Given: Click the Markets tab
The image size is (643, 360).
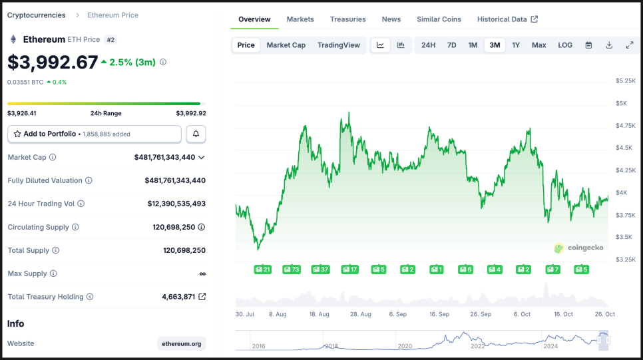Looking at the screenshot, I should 300,19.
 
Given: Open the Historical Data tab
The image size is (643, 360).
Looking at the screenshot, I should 507,19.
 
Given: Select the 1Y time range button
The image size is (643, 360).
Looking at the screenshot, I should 516,45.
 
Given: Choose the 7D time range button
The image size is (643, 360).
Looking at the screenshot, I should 451,45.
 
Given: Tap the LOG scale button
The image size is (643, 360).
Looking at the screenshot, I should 565,45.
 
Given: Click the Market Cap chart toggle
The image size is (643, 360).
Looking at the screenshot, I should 286,45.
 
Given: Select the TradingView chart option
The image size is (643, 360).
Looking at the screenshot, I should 338,45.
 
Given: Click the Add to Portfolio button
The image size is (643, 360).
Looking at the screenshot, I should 94,134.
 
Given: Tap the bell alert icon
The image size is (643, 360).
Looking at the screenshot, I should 196,134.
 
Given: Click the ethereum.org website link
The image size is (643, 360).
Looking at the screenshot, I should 182,343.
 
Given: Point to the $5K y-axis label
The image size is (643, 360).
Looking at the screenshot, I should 621,103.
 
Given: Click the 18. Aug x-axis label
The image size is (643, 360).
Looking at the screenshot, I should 320,314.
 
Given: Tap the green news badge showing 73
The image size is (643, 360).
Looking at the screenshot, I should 292,270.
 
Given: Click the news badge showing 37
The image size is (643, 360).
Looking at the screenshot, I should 321,270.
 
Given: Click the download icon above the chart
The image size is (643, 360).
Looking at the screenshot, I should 609,45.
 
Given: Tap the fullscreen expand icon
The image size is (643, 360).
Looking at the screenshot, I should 630,45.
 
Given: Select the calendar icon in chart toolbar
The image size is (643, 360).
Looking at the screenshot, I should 588,45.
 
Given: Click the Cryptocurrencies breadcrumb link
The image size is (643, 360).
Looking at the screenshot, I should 37,15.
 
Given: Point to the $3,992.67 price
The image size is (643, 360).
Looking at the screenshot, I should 53,62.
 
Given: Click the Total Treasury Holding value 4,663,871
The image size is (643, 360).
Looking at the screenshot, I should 178,297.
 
